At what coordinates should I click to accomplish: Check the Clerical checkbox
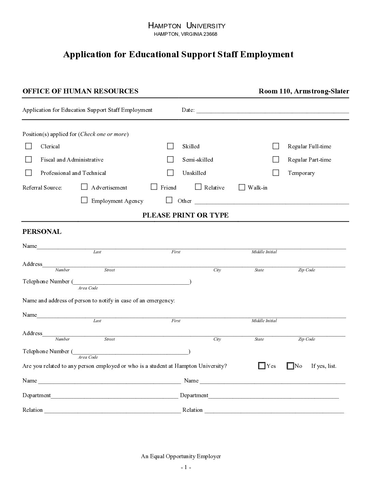pos(29,146)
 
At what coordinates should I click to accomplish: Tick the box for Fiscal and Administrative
pos(29,159)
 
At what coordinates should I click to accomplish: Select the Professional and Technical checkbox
pos(29,172)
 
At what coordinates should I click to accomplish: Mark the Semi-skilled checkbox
pos(170,159)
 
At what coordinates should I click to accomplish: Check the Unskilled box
pos(170,172)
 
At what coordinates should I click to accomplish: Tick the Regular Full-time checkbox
pos(276,146)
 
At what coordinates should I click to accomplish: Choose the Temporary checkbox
pos(276,172)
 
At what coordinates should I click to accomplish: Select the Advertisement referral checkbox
pos(84,187)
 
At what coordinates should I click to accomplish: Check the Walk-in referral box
pos(242,187)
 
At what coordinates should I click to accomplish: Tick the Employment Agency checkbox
pos(84,200)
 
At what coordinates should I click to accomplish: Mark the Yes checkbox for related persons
pos(262,366)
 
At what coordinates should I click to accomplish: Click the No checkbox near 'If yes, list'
pos(291,366)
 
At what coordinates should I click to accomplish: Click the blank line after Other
pos(271,201)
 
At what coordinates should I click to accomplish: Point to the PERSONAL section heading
pos(42,231)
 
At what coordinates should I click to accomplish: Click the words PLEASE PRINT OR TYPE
pos(185,215)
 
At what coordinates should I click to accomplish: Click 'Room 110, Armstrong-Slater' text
pos(304,91)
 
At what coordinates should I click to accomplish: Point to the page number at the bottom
pos(186,467)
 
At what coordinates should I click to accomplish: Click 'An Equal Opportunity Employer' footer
pos(181,456)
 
